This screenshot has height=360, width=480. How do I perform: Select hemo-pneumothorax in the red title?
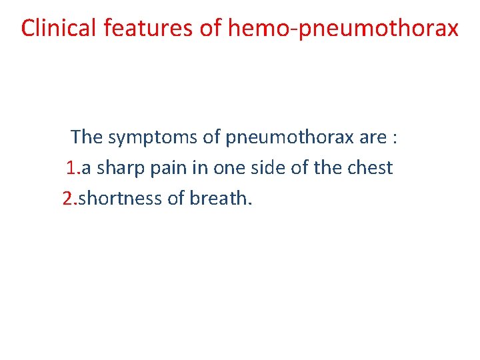coord(343,28)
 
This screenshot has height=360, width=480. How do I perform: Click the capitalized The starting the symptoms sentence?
coord(87,137)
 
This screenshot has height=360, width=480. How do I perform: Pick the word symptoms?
coord(155,137)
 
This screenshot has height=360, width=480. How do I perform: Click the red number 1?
coord(72,168)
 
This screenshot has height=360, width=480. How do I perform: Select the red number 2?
coord(67,198)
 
